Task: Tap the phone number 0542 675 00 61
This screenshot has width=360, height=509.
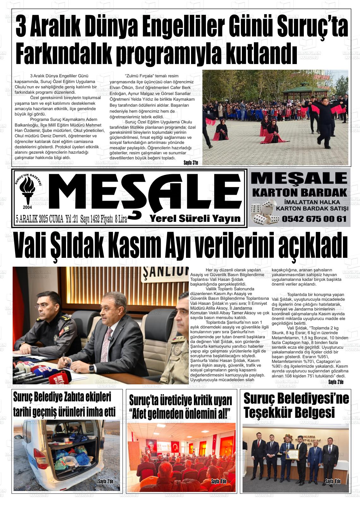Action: pyautogui.click(x=314, y=219)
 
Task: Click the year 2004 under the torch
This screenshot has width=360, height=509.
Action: pyautogui.click(x=27, y=207)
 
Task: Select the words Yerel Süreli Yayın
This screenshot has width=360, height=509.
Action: pyautogui.click(x=195, y=218)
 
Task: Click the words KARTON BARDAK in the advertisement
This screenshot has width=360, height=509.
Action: pyautogui.click(x=299, y=192)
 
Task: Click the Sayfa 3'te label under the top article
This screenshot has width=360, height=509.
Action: pyautogui.click(x=190, y=163)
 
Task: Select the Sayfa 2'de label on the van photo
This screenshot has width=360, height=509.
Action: pyautogui.click(x=105, y=482)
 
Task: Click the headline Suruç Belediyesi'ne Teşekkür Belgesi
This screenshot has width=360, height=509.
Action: pyautogui.click(x=296, y=405)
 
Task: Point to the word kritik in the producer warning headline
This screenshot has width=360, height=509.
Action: pyautogui.click(x=194, y=401)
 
